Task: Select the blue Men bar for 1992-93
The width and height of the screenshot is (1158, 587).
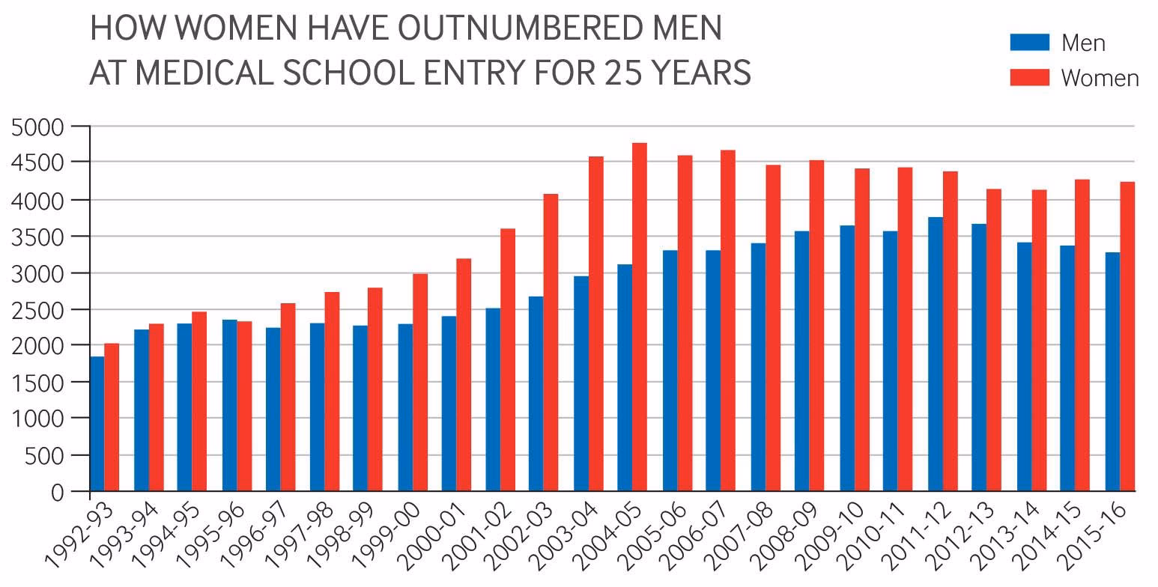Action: coord(97,424)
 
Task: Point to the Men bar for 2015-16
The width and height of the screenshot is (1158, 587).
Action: coord(1112,371)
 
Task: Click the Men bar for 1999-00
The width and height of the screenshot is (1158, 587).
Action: coord(405,407)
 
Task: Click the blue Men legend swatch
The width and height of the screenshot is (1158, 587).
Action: coord(1029,42)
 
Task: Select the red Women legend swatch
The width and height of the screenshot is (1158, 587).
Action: coord(1029,76)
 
